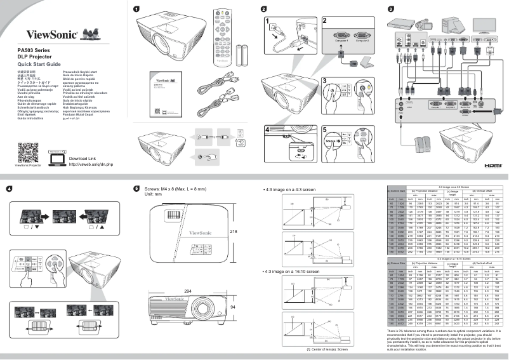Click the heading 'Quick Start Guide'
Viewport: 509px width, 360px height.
coord(39,65)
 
